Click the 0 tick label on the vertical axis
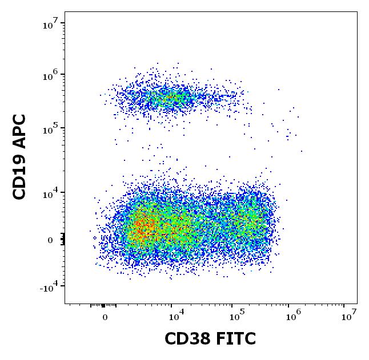coord(50,240)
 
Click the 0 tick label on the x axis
coord(105,317)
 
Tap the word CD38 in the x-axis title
coord(186,339)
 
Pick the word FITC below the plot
coord(234,339)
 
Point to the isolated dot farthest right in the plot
coord(302,151)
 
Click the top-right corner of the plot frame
coord(357,11)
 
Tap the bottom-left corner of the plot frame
coord(65,303)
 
